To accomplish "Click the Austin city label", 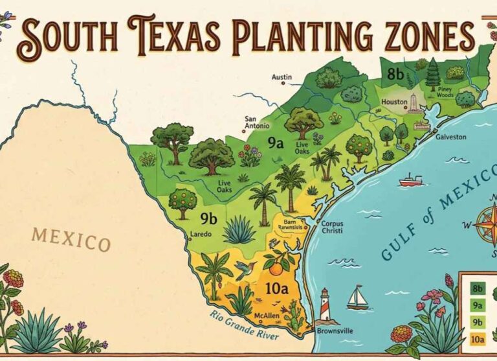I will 282,77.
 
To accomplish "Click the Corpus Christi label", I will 333,227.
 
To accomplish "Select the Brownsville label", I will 336,331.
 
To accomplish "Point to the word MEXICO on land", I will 71,239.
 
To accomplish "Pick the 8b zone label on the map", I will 395,74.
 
